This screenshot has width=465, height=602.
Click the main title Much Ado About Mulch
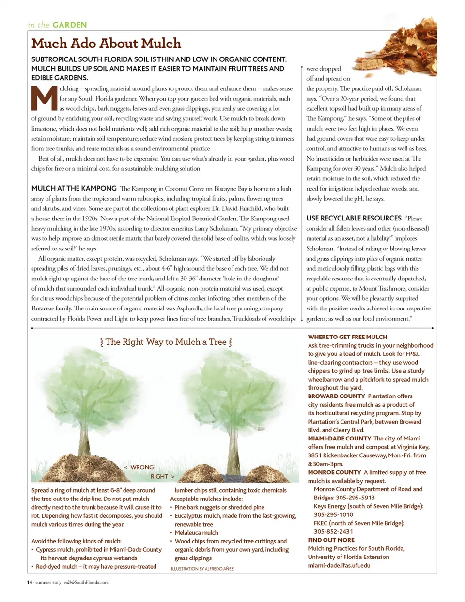106,44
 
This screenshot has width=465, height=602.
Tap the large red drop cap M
44,99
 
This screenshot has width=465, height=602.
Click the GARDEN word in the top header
70,25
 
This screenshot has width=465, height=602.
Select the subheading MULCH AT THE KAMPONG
74,188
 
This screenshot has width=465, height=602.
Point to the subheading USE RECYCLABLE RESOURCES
354,218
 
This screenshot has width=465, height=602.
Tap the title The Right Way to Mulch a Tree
166,342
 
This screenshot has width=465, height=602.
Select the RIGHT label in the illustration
159,476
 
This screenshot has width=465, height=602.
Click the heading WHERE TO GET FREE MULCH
347,337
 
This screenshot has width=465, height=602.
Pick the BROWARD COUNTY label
336,396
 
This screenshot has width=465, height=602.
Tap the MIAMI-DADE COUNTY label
339,438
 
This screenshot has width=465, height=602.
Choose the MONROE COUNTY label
334,472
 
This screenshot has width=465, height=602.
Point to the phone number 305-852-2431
333,531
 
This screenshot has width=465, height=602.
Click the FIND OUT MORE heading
331,540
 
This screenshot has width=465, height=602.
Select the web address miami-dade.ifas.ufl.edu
339,565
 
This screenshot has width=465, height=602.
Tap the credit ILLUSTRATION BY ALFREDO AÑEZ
202,569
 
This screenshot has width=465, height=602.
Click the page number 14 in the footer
30,582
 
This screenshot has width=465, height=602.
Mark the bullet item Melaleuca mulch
196,532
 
